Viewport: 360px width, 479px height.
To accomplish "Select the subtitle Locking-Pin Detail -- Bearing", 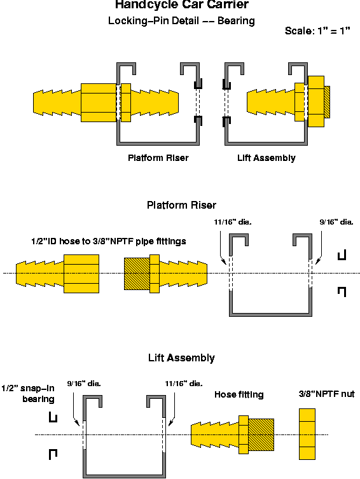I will [181, 21].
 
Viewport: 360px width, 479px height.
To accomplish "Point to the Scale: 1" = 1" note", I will [317, 31].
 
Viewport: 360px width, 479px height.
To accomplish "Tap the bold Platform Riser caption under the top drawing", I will [158, 158].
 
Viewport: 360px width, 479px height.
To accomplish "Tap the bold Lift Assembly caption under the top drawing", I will [266, 158].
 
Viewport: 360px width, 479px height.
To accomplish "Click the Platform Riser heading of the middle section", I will [181, 205].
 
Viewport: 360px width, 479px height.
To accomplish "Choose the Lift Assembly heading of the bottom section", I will [181, 358].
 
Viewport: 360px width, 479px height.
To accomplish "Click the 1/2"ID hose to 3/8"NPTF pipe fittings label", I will [100, 241].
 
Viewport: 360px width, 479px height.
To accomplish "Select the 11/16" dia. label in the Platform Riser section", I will [234, 223].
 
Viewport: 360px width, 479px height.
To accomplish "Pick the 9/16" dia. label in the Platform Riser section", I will [336, 223].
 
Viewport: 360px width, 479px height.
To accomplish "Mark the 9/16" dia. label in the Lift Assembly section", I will [84, 384].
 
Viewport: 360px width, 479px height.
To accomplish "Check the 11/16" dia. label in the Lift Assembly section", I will [183, 384].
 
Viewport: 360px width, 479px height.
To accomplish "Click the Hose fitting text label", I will [239, 394].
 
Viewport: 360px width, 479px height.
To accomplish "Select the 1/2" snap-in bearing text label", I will [27, 393].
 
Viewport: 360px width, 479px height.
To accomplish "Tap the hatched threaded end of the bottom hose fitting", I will [261, 434].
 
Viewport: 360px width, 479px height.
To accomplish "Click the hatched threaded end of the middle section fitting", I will [135, 274].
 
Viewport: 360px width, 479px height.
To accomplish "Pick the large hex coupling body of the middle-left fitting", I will [81, 274].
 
